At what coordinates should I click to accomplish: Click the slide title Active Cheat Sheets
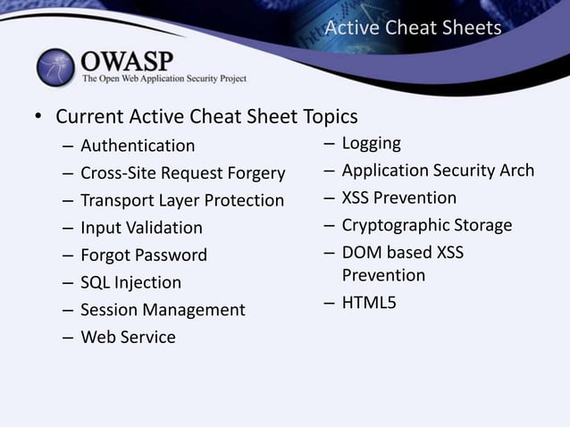coord(413,28)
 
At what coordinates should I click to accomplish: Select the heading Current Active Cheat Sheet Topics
coord(206,117)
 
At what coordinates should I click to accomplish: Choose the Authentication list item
coord(138,146)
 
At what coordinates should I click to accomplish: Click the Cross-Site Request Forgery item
coord(182,173)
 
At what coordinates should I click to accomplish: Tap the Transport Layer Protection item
coord(182,201)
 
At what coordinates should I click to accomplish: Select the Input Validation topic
coord(141,229)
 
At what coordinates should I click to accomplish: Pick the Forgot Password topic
coord(144,255)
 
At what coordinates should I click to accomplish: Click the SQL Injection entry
coord(130,283)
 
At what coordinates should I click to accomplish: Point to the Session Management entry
coord(163,311)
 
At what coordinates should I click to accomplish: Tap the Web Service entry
coord(128,338)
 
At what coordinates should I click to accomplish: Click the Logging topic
coord(371,144)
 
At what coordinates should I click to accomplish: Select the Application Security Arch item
coord(438,171)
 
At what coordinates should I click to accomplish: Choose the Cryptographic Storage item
coord(427,225)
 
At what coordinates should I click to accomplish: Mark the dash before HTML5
coord(330,304)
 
